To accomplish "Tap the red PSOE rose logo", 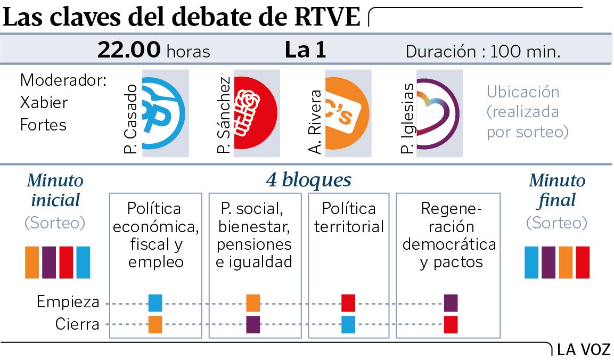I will (x=255, y=113).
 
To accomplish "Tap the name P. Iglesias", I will (x=407, y=118).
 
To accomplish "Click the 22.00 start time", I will (x=129, y=51).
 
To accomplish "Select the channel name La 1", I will (x=305, y=51).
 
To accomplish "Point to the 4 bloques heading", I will (x=308, y=180).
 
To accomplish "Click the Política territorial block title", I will (x=349, y=217).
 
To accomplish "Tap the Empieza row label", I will (x=68, y=302).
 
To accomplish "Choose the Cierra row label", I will (x=78, y=324).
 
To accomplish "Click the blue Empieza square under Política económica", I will (x=155, y=302).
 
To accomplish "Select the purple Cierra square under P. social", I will (x=253, y=324).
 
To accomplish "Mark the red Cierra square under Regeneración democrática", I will (x=451, y=324).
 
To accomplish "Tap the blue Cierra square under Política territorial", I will (x=348, y=324).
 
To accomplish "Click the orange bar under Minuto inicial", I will (x=32, y=262).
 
